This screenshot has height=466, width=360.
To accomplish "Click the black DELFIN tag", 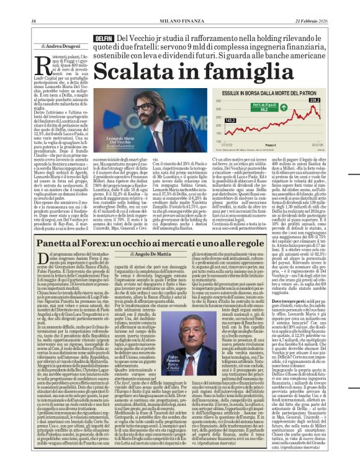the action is click(103, 38).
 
